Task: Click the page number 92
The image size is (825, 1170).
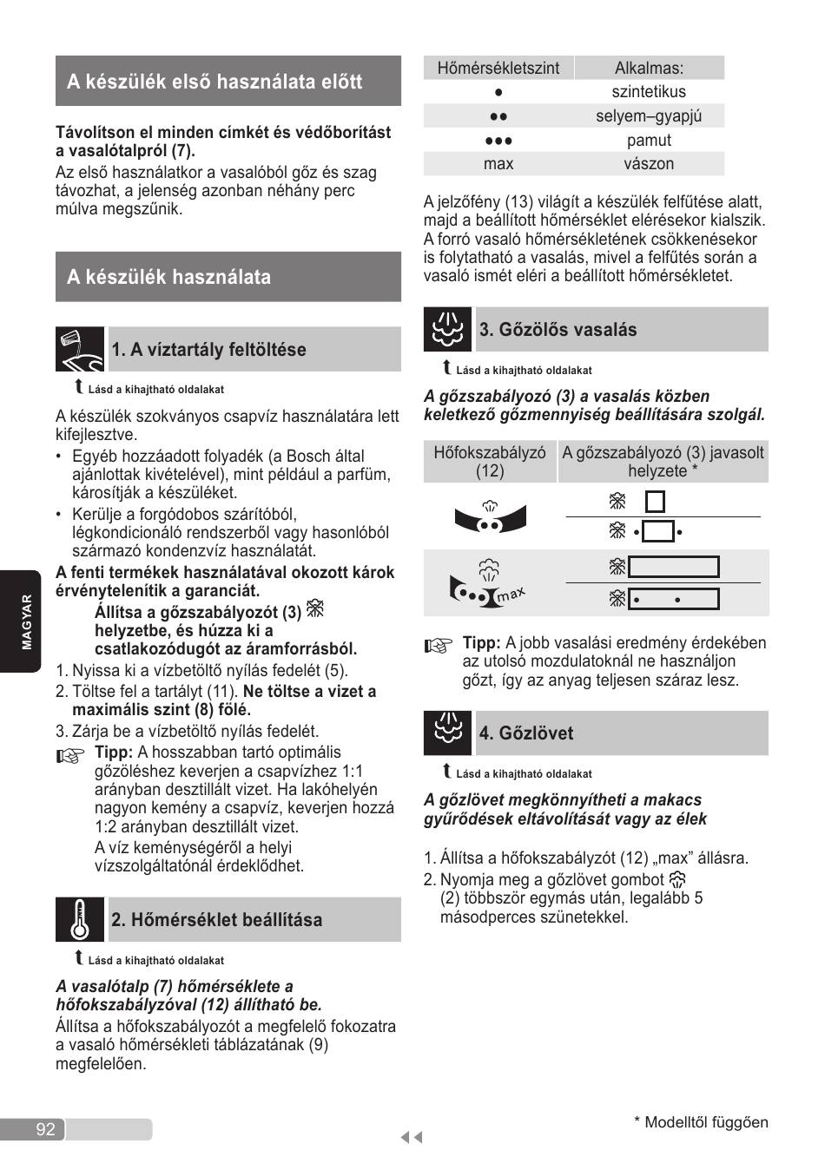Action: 46,1128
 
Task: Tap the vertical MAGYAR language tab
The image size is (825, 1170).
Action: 25,621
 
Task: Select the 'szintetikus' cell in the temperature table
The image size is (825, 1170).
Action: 648,92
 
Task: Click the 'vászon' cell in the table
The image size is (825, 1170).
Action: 648,164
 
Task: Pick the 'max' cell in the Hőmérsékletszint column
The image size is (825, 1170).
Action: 498,164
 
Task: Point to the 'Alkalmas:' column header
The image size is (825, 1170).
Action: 649,68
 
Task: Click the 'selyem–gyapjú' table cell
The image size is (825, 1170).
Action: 648,116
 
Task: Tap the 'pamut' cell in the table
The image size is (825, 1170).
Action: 648,141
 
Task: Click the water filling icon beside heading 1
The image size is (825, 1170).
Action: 80,349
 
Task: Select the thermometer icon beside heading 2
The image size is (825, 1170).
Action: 80,919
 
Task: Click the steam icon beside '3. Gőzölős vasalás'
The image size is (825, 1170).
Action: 447,329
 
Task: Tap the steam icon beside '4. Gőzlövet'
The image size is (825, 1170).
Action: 447,733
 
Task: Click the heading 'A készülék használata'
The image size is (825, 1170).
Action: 169,277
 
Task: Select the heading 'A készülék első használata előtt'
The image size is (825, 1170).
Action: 214,82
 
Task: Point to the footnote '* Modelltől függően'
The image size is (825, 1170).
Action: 701,1122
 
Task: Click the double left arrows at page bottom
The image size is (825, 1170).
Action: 412,1138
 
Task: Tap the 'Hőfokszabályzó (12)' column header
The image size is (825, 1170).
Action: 490,461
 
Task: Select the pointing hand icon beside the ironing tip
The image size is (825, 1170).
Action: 439,646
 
